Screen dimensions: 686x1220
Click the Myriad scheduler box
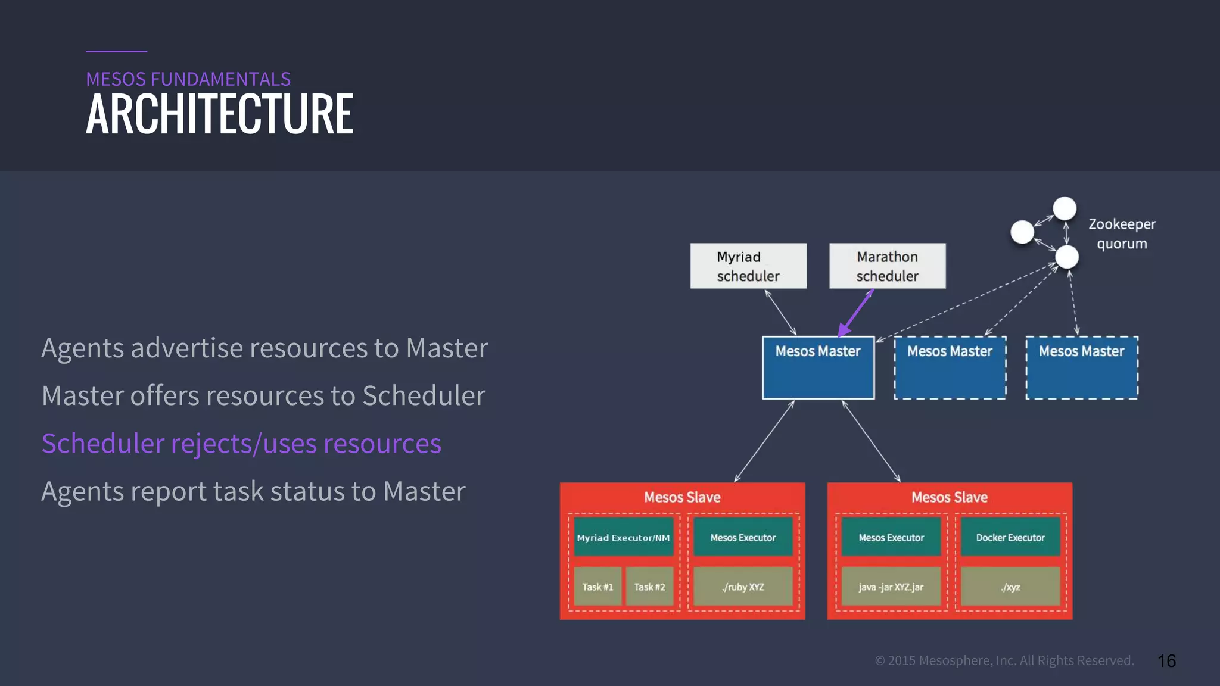748,266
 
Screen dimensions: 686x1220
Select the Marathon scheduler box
887,266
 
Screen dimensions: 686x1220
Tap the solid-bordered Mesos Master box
818,367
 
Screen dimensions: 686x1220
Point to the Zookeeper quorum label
1122,233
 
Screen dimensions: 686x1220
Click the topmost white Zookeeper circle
1065,208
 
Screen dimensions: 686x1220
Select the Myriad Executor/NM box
623,537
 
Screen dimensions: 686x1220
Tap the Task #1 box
597,587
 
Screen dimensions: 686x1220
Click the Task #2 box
649,587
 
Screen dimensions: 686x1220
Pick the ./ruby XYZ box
743,587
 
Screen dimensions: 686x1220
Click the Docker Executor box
1010,537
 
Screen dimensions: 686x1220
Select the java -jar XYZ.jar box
891,587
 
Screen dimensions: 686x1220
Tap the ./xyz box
1010,587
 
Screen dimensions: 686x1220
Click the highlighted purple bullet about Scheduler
241,444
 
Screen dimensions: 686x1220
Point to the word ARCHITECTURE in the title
219,114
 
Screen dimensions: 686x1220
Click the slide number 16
1166,661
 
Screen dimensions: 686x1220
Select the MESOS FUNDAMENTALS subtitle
188,79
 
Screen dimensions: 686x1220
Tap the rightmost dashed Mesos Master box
1082,367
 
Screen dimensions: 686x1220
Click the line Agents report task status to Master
253,491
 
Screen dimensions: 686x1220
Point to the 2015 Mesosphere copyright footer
1004,660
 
